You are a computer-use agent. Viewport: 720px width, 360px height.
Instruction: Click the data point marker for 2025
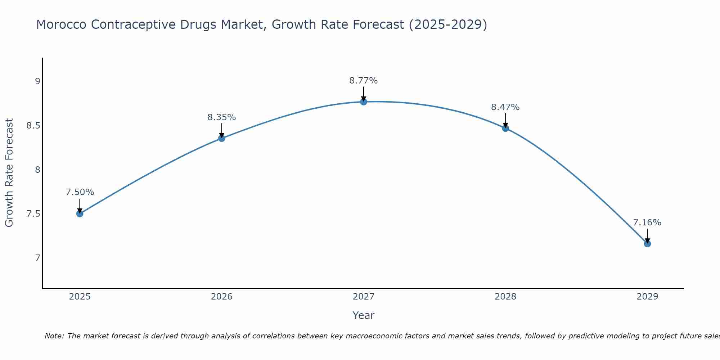[x=80, y=214]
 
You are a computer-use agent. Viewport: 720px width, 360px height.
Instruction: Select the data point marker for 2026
[x=222, y=138]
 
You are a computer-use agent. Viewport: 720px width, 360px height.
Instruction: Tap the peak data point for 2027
[x=364, y=102]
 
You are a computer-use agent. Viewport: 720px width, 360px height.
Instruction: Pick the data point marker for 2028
[x=505, y=128]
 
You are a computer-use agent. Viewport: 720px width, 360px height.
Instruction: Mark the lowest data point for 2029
[x=647, y=244]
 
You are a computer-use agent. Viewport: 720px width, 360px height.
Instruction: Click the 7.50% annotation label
[x=80, y=192]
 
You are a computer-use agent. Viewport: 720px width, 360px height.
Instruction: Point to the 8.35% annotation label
[x=222, y=117]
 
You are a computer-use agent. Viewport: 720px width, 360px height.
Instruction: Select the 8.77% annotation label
[x=364, y=81]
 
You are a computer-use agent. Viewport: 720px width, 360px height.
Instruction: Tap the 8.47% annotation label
[x=505, y=107]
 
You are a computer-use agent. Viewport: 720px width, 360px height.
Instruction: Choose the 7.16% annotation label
[x=647, y=222]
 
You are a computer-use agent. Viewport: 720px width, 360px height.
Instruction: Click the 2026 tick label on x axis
[x=222, y=297]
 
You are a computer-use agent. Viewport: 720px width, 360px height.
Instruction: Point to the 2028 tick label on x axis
[x=505, y=297]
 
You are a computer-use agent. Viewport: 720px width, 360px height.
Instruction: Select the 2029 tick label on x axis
[x=647, y=297]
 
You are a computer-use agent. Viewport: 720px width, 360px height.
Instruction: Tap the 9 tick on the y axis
[x=37, y=81]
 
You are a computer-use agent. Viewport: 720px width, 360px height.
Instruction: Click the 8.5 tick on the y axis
[x=33, y=126]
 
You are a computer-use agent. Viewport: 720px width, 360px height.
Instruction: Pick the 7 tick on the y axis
[x=37, y=258]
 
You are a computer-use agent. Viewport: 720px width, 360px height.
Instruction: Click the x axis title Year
[x=364, y=315]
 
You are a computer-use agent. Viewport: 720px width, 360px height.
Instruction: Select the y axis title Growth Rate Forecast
[x=9, y=173]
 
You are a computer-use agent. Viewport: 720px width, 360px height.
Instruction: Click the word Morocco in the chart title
[x=61, y=25]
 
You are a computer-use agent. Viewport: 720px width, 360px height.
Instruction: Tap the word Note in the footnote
[x=54, y=336]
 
